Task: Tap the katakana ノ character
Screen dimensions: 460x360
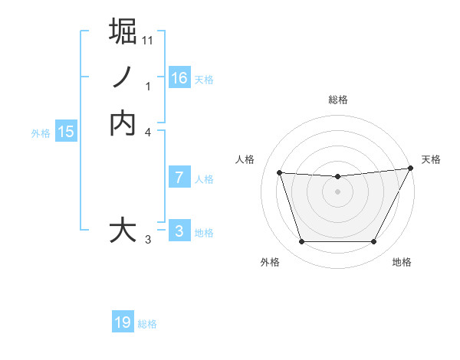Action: click(123, 77)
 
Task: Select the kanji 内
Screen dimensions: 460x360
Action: click(123, 123)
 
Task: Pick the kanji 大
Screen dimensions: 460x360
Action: click(123, 231)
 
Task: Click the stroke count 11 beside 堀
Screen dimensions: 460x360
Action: click(148, 41)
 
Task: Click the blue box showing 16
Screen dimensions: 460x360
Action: click(179, 77)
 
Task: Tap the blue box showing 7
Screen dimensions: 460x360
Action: click(179, 178)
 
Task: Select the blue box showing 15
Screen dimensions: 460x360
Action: click(66, 132)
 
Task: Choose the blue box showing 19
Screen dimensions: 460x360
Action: click(123, 322)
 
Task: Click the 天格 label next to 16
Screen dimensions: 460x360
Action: click(204, 79)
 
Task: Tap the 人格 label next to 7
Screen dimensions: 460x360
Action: click(204, 179)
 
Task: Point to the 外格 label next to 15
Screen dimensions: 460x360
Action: click(41, 133)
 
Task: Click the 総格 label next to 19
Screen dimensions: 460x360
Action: click(147, 324)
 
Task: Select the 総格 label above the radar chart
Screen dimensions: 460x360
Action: click(337, 100)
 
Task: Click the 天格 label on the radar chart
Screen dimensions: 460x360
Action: click(431, 159)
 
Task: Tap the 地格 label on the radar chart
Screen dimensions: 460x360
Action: click(402, 262)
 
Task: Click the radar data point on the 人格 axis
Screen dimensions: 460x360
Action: click(279, 173)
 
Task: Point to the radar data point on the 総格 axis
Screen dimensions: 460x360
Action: click(337, 177)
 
